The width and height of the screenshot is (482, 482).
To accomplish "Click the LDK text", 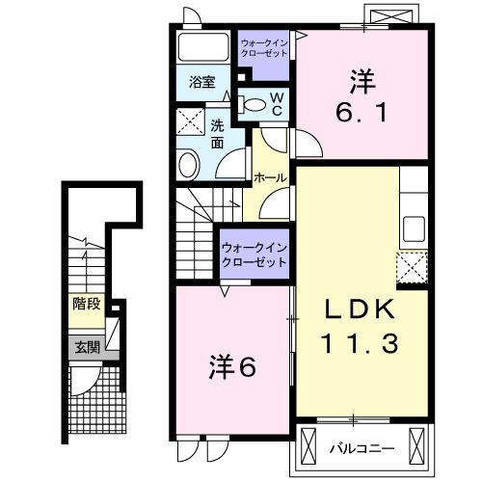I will coord(358,308).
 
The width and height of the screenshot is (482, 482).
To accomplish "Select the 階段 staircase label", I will coord(87,304).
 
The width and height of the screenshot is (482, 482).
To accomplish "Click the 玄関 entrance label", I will coord(86,345).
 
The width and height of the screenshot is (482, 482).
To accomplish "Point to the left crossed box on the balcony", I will coord(308,445).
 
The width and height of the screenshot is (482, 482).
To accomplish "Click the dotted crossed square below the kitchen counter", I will coord(413,265).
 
